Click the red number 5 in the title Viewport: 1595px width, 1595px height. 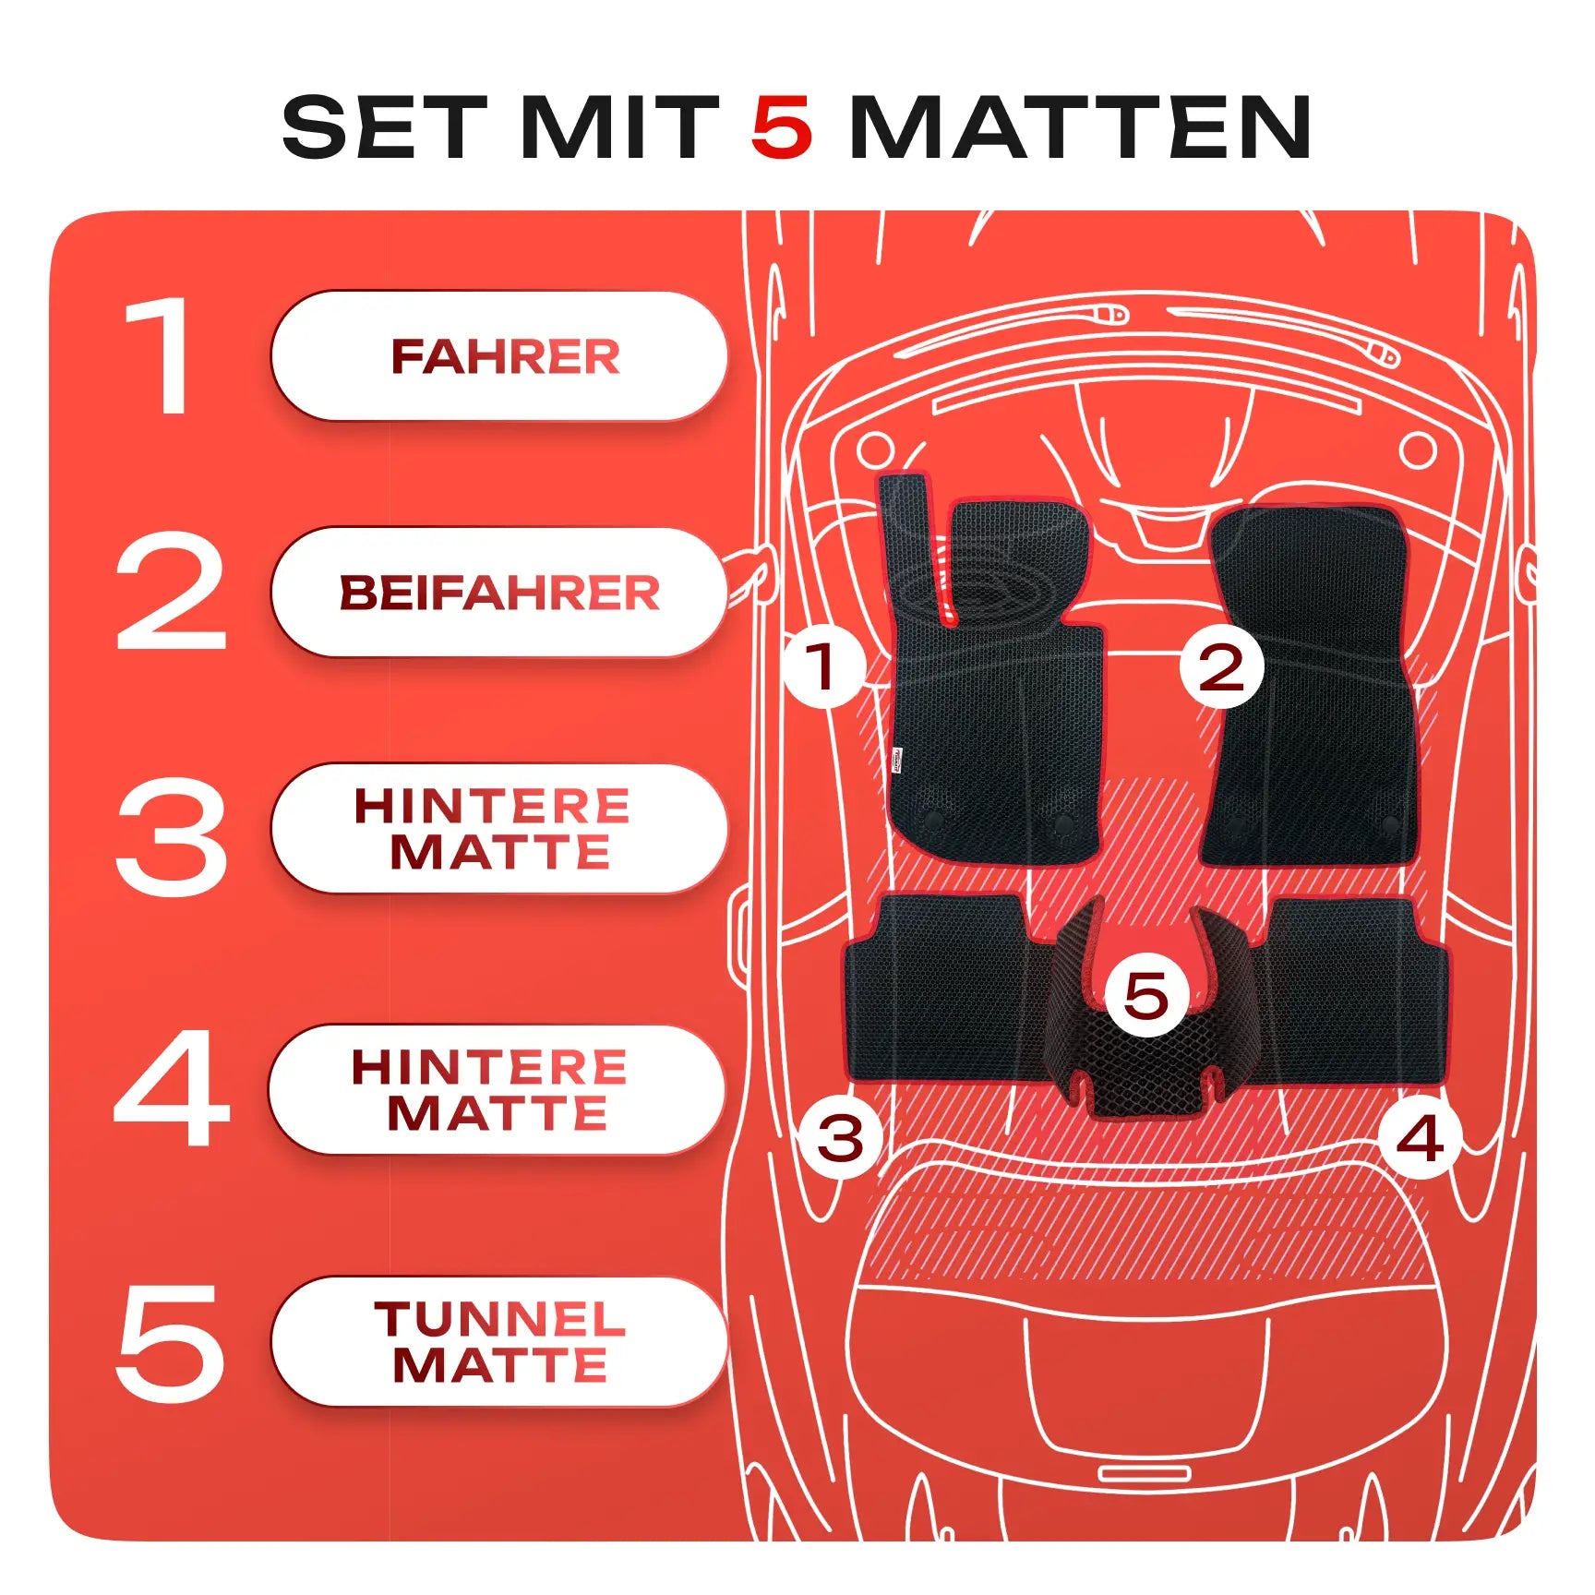782,126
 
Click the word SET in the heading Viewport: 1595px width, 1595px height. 384,126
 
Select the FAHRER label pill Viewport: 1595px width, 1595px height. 499,356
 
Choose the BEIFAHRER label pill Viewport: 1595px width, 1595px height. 499,592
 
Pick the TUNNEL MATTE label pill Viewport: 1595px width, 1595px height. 499,1341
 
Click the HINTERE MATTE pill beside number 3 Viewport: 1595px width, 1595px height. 499,828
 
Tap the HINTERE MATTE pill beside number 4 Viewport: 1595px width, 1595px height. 498,1089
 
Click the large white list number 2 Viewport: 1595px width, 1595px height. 171,592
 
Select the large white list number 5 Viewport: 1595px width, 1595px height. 171,1343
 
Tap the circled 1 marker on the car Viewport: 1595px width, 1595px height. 824,666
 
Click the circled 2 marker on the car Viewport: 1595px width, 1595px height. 1221,666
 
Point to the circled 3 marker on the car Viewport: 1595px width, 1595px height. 841,1137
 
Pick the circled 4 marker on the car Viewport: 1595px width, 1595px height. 1421,1137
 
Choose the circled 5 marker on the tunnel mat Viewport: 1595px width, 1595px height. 1146,995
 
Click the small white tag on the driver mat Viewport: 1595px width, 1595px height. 897,761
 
